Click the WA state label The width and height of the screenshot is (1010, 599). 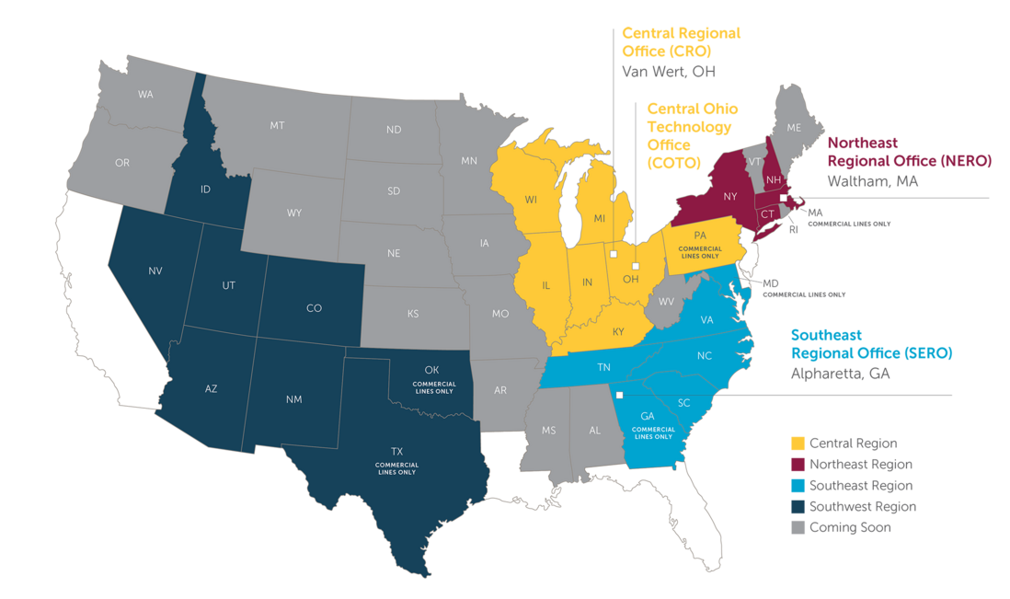point(145,95)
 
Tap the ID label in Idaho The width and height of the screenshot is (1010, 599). point(207,190)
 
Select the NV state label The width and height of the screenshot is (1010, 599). point(155,271)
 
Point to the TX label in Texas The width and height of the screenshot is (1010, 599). point(396,452)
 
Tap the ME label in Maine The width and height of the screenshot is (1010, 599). point(793,127)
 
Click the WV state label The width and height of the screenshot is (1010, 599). point(665,301)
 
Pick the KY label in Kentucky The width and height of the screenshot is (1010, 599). point(619,330)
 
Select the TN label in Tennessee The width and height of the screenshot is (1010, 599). point(605,366)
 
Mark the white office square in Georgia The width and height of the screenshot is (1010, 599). point(619,396)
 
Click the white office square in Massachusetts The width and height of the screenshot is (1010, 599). point(784,198)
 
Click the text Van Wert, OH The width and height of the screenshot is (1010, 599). point(669,71)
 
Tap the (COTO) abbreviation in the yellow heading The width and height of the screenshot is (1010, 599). point(673,162)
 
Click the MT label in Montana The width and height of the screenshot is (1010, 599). point(277,124)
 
